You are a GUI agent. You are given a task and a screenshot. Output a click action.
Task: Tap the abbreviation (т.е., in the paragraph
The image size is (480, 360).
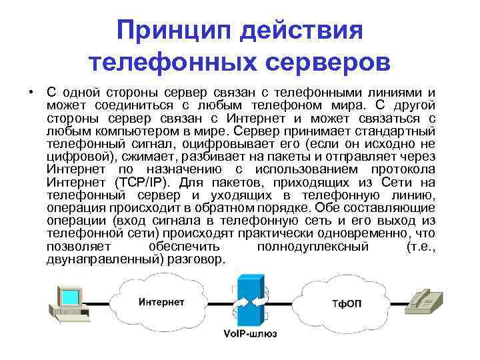pos(419,247)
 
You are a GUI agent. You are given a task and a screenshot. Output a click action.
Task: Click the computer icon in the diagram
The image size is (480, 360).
pos(69,303)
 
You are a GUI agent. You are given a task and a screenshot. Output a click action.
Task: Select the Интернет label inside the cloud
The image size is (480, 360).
pos(161,303)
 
